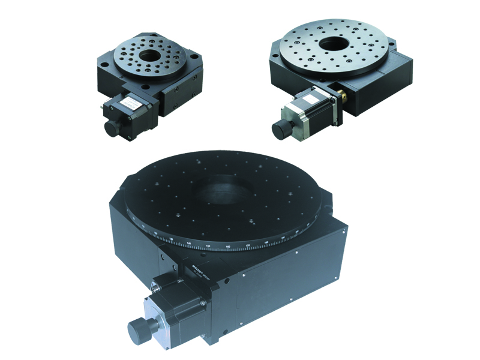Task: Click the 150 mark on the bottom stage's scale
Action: click(208, 245)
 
